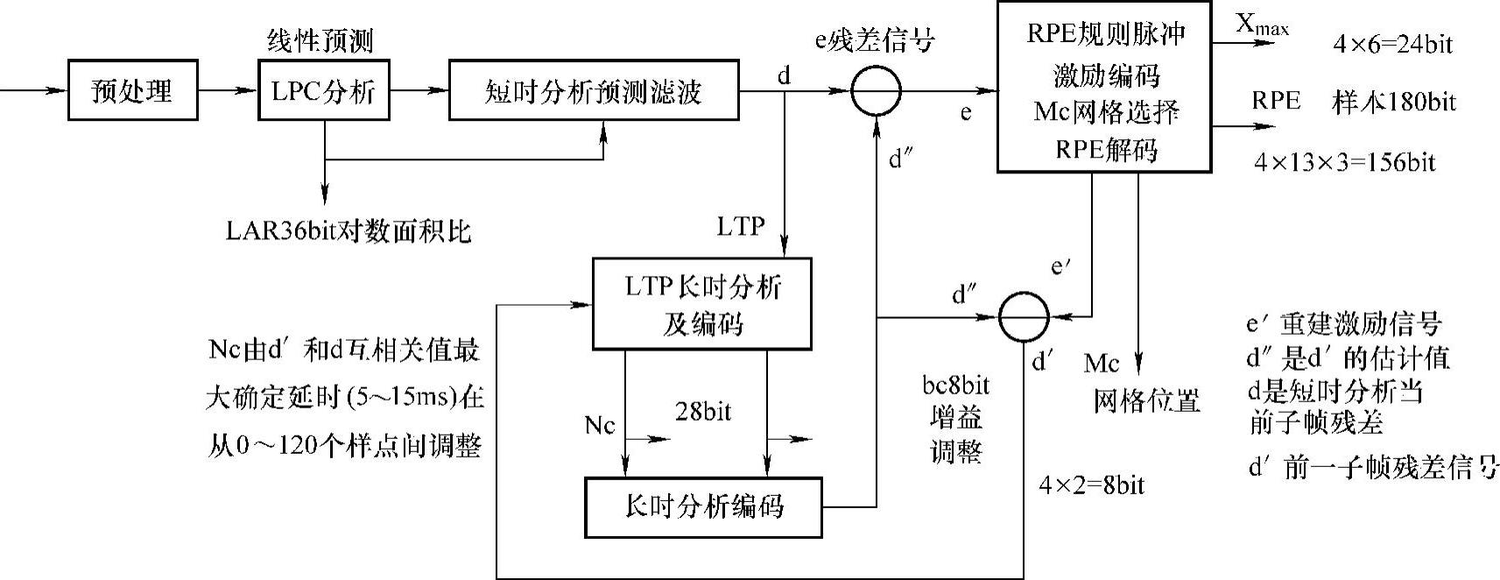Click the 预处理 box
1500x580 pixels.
(x=132, y=90)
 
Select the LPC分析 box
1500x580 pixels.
(x=324, y=90)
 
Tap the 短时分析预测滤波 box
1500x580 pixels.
(x=593, y=90)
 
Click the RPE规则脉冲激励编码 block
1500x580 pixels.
(x=1104, y=87)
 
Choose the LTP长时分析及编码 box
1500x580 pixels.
(x=702, y=304)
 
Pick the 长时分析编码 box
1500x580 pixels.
(x=703, y=506)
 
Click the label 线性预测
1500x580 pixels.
(x=320, y=40)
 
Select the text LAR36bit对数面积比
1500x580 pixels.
(x=348, y=230)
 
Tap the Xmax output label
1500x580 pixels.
(x=1262, y=25)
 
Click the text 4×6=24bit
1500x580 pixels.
(x=1392, y=45)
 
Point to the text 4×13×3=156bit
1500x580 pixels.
(x=1344, y=162)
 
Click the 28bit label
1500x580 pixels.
(x=703, y=411)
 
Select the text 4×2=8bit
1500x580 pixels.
(x=1091, y=485)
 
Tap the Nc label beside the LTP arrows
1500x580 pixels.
(x=600, y=426)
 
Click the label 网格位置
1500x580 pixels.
(x=1145, y=401)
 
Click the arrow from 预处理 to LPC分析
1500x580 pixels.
(x=228, y=90)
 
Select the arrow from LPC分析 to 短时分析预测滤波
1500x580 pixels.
(x=418, y=90)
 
